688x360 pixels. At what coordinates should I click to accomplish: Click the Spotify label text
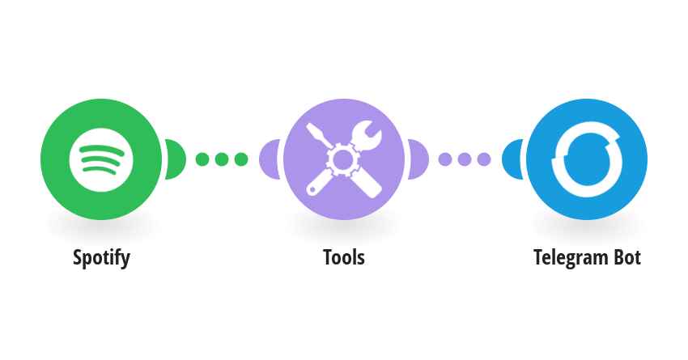[x=101, y=258]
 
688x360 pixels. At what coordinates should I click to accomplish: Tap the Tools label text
[x=344, y=257]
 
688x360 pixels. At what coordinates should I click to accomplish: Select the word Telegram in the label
[x=571, y=258]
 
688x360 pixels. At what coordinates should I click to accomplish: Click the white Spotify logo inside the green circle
[x=101, y=159]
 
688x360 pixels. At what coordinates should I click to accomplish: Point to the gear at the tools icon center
[x=342, y=159]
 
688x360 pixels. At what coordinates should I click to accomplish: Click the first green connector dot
[x=202, y=159]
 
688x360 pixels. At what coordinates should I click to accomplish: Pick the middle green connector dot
[x=222, y=159]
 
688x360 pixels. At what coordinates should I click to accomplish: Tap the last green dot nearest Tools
[x=241, y=159]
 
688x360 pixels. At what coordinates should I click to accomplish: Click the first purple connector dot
[x=445, y=159]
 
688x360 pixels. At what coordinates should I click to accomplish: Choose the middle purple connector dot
[x=465, y=159]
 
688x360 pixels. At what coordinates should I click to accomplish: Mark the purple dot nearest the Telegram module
[x=483, y=159]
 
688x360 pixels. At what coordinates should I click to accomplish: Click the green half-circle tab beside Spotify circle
[x=176, y=159]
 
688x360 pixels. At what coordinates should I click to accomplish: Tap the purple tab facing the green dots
[x=269, y=159]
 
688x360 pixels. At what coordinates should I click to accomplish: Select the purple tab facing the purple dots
[x=418, y=159]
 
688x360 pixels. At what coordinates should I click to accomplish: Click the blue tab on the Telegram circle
[x=512, y=159]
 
